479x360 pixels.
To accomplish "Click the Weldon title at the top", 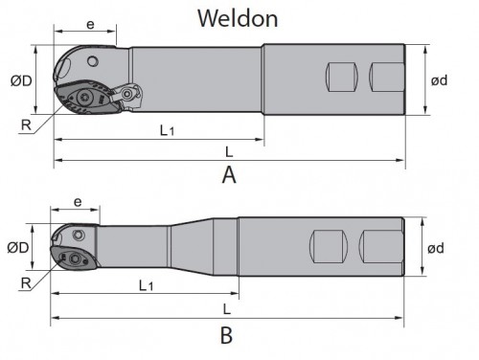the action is click(x=238, y=18).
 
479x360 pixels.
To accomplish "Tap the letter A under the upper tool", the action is click(x=229, y=175).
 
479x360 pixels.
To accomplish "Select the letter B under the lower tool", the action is click(x=226, y=335).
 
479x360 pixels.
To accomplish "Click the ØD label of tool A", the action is click(x=21, y=80).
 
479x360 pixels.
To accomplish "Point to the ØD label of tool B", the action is click(x=18, y=248).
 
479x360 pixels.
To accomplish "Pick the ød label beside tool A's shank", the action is click(x=440, y=80).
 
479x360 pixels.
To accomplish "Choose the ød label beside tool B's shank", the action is click(x=436, y=248).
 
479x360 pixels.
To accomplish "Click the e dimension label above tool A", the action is click(x=91, y=25).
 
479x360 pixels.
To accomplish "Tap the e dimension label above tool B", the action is click(x=78, y=202).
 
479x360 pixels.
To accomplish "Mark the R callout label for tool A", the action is click(x=26, y=124).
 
